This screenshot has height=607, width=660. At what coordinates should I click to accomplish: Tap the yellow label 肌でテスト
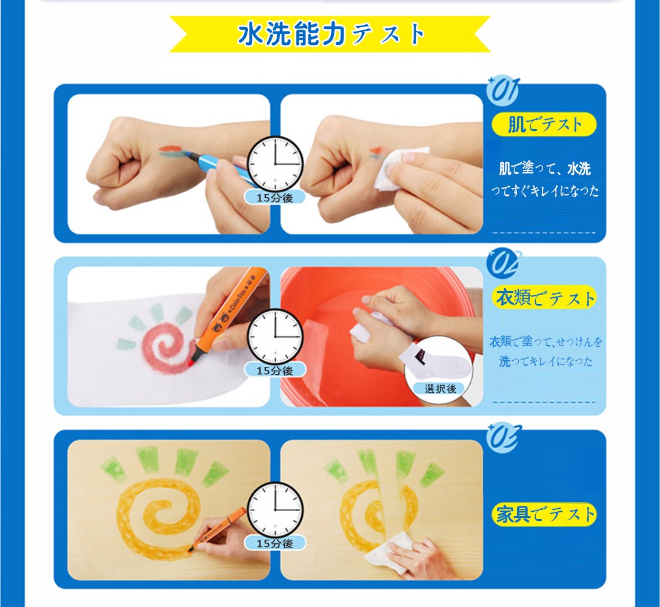(544, 124)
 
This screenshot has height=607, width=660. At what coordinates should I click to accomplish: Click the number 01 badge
(502, 91)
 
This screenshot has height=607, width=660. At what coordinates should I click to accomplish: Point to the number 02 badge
(504, 263)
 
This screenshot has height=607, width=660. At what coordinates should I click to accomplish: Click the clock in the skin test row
(275, 164)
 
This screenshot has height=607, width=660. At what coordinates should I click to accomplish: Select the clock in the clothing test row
(275, 337)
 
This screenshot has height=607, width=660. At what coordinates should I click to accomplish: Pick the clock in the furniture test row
(275, 510)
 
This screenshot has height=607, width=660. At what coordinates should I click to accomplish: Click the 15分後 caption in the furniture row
(275, 543)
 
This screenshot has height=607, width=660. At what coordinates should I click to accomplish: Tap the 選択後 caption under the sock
(441, 388)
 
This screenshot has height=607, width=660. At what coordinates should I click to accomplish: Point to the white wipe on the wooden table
(387, 552)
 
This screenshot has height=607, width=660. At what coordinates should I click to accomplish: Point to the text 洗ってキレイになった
(545, 361)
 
